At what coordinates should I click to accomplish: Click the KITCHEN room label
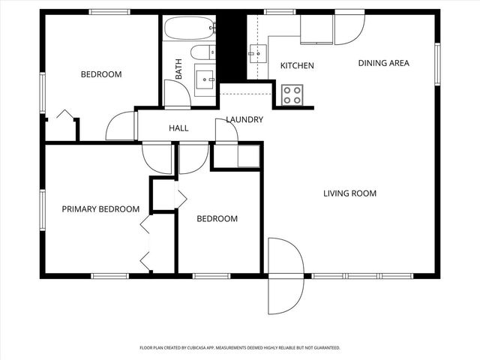tap(297, 66)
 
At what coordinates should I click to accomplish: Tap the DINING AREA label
tap(383, 63)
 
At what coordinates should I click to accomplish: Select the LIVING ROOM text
tap(349, 193)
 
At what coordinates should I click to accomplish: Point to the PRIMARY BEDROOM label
tap(100, 209)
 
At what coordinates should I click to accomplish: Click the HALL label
tap(178, 128)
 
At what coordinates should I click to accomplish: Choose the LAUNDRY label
tap(244, 120)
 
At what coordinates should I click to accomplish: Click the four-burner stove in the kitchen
tap(292, 94)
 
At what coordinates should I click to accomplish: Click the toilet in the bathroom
tap(201, 52)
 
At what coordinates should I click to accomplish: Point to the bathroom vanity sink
tap(204, 77)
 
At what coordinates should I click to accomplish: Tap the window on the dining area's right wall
tap(437, 64)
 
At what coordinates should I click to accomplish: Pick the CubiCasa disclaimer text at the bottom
tap(240, 348)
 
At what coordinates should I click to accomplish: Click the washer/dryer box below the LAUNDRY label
tap(247, 156)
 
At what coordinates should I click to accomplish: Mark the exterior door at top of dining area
tap(348, 26)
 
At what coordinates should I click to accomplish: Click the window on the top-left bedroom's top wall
tap(109, 11)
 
